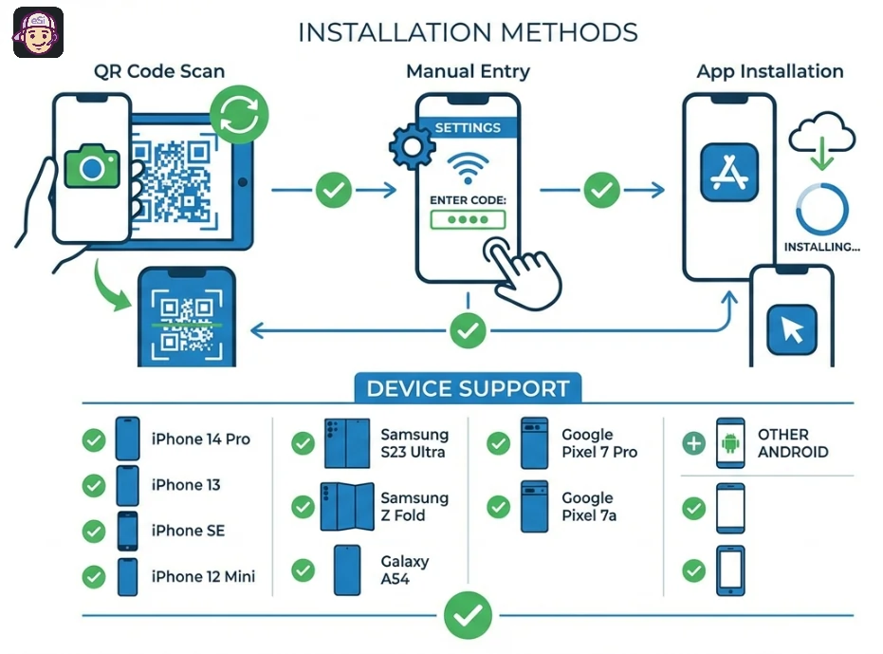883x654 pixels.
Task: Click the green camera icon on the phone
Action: click(x=92, y=169)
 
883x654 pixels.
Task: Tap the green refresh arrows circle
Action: click(x=239, y=116)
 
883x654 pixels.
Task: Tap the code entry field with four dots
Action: click(x=468, y=220)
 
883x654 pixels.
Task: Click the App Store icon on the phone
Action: click(x=730, y=172)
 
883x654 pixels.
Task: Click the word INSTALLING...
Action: click(x=821, y=247)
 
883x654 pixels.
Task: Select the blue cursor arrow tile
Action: click(x=791, y=329)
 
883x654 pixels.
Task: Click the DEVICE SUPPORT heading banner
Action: click(x=468, y=388)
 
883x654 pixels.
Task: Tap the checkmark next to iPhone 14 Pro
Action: click(x=93, y=439)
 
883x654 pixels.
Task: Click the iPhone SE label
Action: click(x=188, y=531)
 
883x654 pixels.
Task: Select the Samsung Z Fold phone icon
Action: click(x=342, y=507)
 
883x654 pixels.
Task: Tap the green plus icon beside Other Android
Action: click(x=694, y=442)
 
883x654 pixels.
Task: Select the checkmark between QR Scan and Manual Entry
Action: click(x=333, y=191)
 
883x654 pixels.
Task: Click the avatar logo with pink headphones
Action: click(x=38, y=32)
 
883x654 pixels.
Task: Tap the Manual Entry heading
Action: click(x=468, y=71)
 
